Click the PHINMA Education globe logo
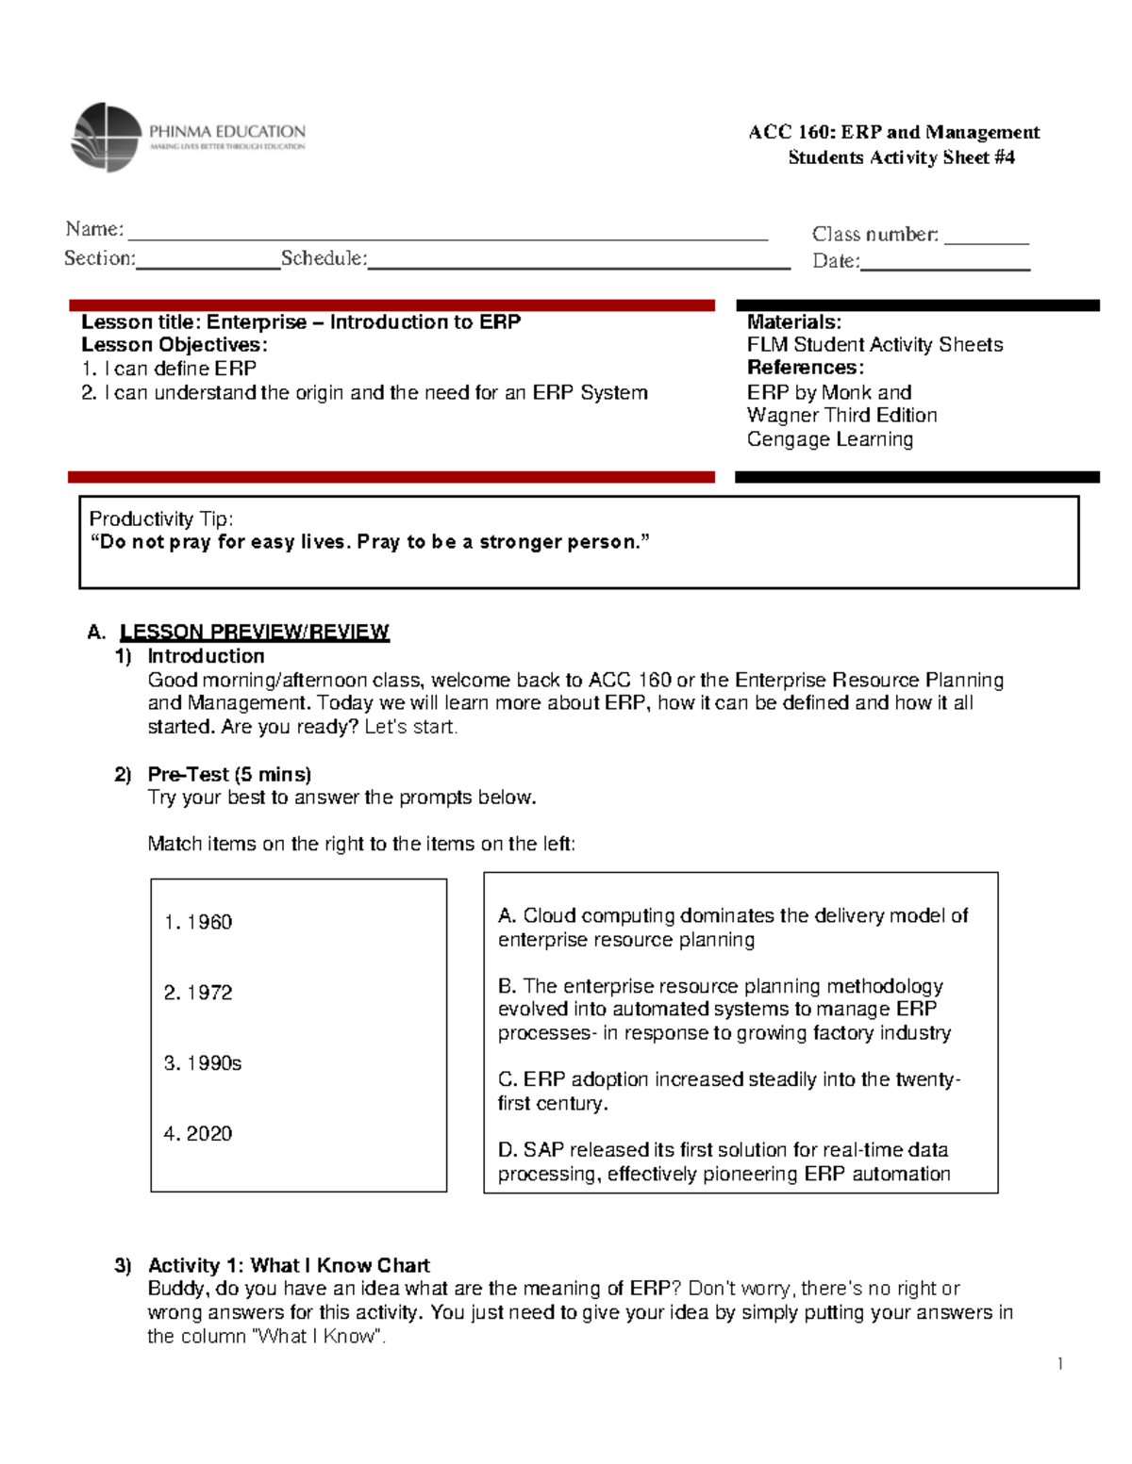(x=106, y=138)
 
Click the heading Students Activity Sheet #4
(x=901, y=157)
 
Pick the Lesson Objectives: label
(x=174, y=345)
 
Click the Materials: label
(x=793, y=322)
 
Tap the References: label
(x=805, y=368)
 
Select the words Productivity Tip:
(x=161, y=518)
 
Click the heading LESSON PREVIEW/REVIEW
(x=254, y=632)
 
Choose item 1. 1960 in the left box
(x=198, y=922)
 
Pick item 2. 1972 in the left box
(x=198, y=993)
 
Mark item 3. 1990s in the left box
(x=203, y=1063)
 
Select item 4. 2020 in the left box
(x=198, y=1134)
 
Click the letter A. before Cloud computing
(x=507, y=915)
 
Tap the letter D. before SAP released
(x=508, y=1150)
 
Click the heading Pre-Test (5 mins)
(x=229, y=774)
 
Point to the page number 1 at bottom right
(x=1060, y=1363)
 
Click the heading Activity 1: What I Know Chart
(x=288, y=1265)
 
